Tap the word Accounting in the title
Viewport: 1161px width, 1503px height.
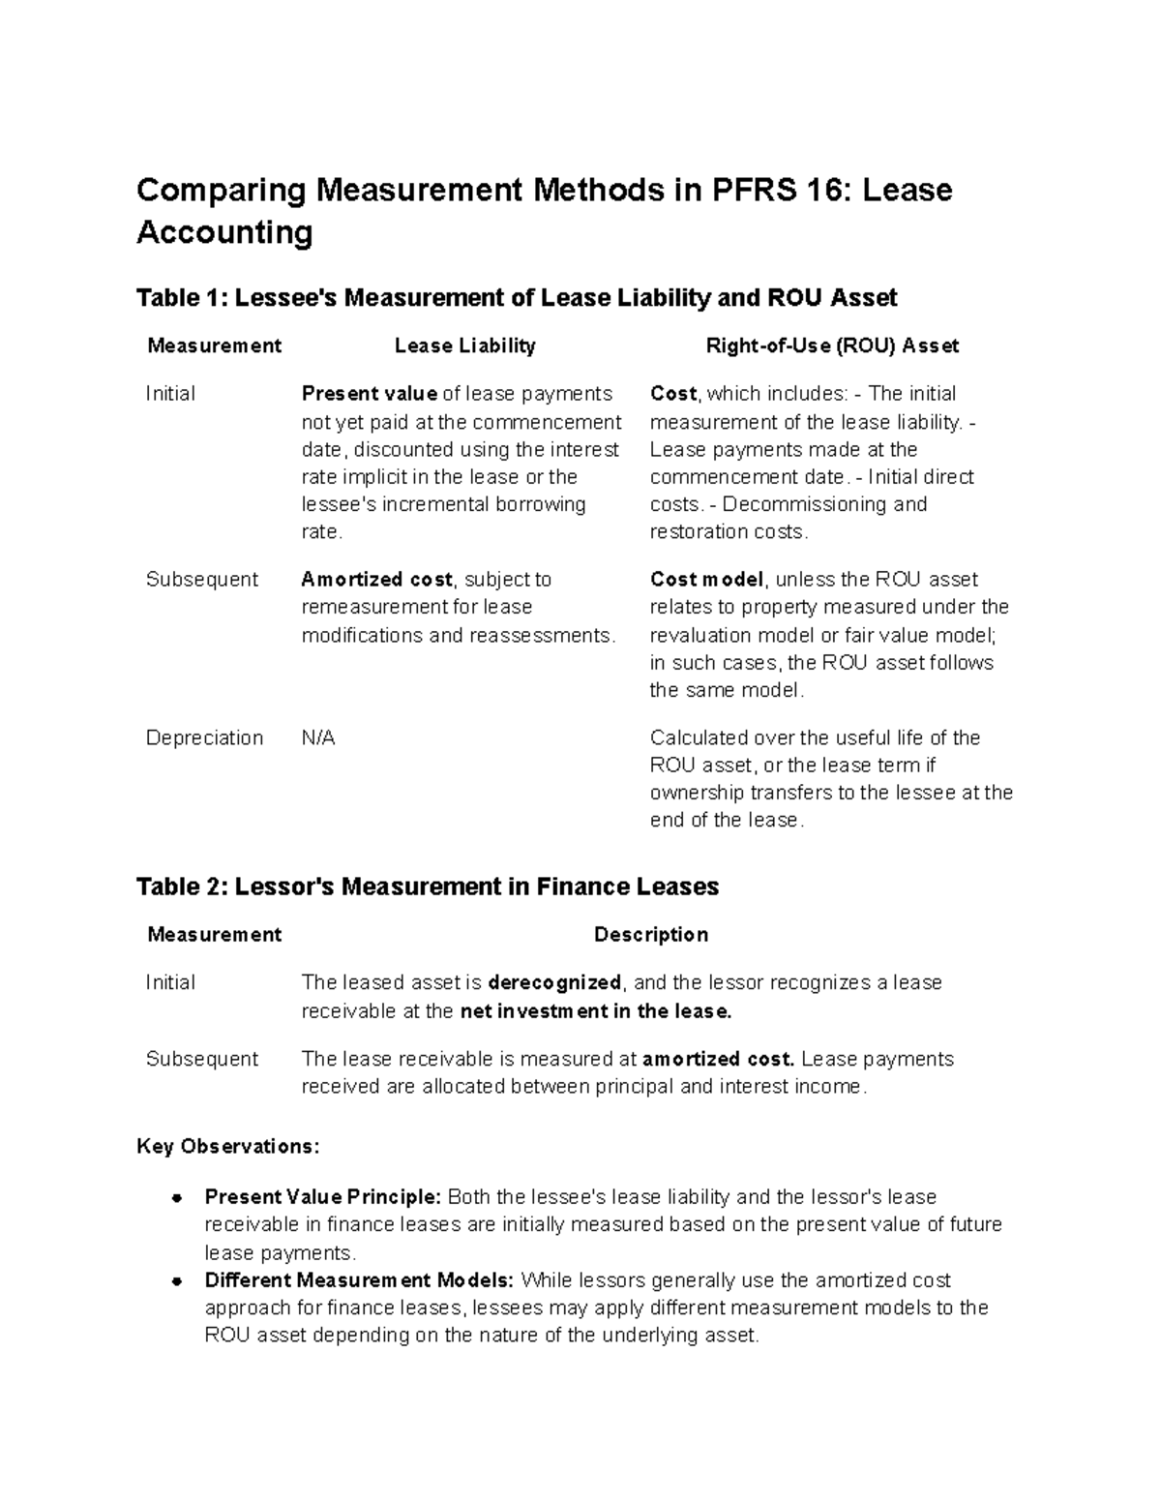point(224,233)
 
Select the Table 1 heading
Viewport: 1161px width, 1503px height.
point(517,298)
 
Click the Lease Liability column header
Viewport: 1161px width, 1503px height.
point(464,346)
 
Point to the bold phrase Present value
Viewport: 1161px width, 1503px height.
point(370,394)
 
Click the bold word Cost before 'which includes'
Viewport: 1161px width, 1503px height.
point(673,394)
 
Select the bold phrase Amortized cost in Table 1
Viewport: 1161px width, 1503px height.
point(376,580)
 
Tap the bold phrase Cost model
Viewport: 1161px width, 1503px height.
point(707,580)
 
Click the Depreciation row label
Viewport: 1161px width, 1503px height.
point(204,738)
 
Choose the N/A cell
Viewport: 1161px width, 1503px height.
point(318,738)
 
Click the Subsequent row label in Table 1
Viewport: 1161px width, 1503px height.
point(201,580)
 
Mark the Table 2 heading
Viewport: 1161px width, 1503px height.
point(428,887)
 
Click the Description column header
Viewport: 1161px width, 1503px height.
point(650,935)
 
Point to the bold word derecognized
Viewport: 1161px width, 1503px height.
point(554,983)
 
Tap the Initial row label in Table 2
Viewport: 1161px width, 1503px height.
point(170,983)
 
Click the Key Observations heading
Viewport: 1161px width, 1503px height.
point(227,1147)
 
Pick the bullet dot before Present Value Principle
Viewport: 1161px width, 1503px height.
point(177,1198)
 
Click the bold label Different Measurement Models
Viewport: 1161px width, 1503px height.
point(359,1280)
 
